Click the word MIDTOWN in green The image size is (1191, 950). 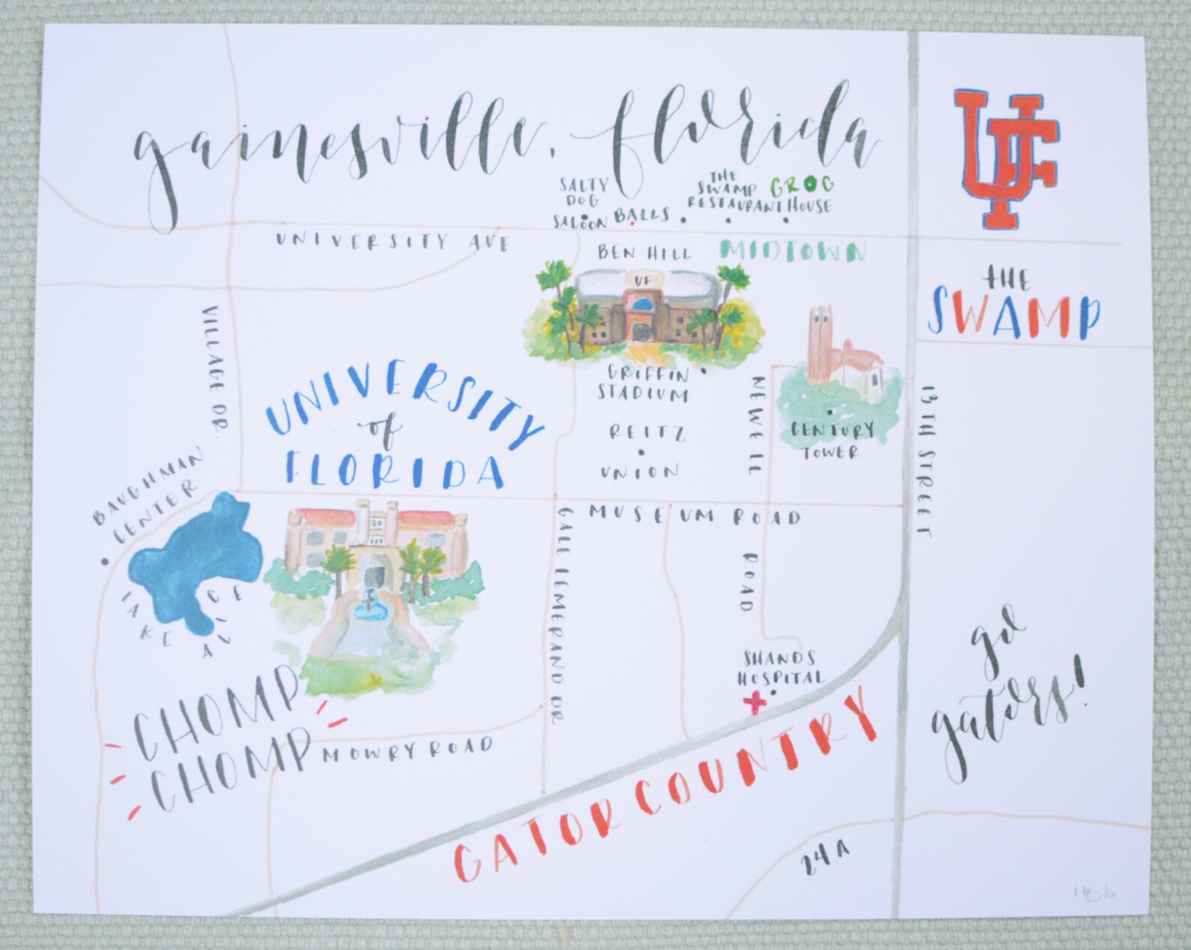pyautogui.click(x=793, y=252)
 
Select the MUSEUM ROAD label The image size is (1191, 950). pyautogui.click(x=694, y=514)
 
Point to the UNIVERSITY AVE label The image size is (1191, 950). pyautogui.click(x=391, y=242)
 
